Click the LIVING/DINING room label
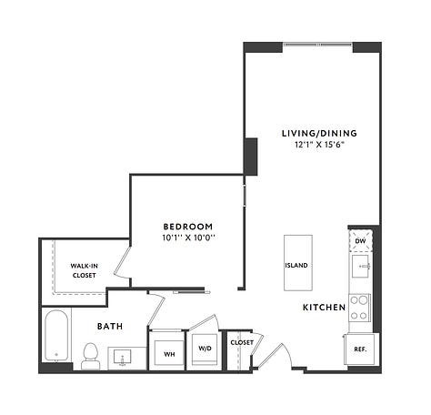pos(319,133)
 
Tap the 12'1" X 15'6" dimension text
pos(320,145)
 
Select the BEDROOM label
pos(188,227)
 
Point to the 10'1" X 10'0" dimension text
pos(188,238)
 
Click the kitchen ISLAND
pos(298,263)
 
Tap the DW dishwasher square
pos(361,241)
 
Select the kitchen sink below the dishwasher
pos(361,266)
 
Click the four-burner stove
pos(359,308)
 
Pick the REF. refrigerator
pos(361,349)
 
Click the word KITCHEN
pos(324,308)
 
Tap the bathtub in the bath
pos(56,336)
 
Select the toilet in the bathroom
pos(91,356)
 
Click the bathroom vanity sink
pos(123,358)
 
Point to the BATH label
pos(110,327)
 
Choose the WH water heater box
pos(169,352)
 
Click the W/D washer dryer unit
pos(205,349)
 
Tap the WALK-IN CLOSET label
pos(84,270)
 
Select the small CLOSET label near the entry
pos(242,342)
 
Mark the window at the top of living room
pos(317,45)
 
